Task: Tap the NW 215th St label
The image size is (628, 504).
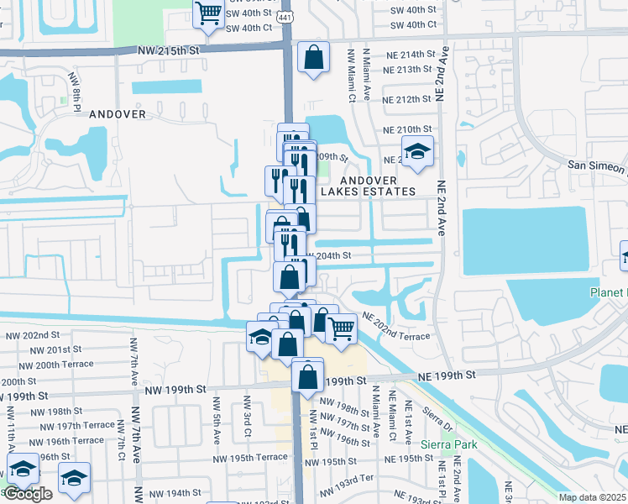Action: (170, 50)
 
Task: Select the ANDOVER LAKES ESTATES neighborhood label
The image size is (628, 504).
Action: (378, 186)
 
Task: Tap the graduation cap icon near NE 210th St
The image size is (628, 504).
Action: (417, 152)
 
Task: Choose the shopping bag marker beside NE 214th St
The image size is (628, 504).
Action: (313, 58)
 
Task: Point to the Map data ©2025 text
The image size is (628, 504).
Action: (593, 497)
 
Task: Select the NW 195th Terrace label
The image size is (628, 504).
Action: (249, 457)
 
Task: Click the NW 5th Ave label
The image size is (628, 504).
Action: (217, 427)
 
